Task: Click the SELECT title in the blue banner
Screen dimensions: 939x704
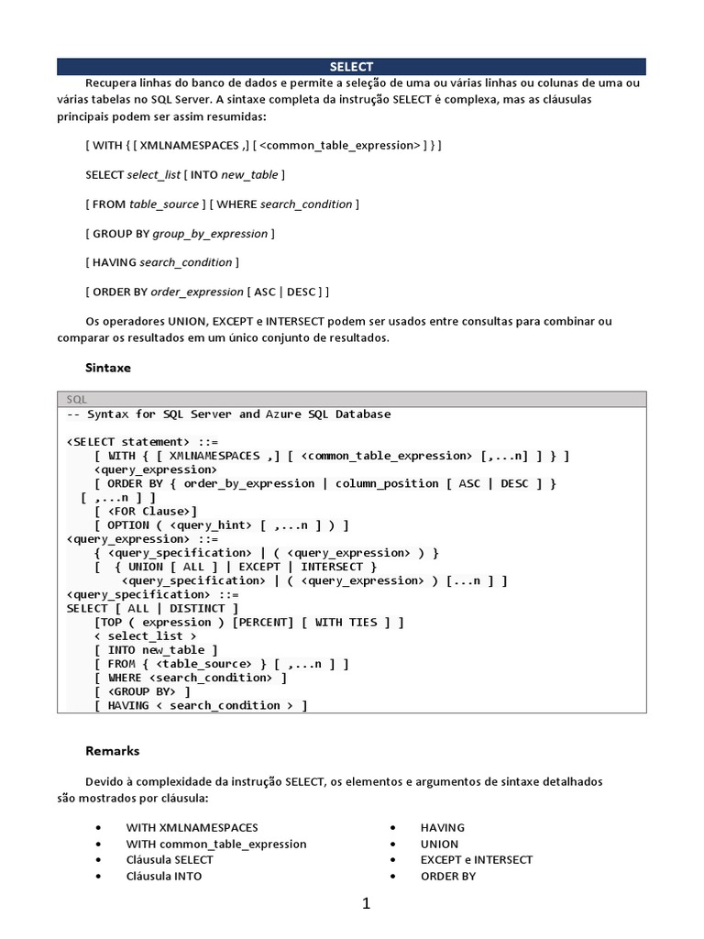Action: click(x=352, y=67)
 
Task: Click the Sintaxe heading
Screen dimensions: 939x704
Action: click(x=108, y=367)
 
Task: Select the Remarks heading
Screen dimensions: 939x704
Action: click(x=113, y=750)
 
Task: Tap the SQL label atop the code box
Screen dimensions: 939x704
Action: click(x=77, y=400)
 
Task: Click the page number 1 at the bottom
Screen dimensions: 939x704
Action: click(x=366, y=904)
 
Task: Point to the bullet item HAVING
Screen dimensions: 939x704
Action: click(x=443, y=827)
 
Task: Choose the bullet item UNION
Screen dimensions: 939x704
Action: click(x=439, y=844)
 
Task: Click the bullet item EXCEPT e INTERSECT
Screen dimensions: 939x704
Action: click(x=477, y=859)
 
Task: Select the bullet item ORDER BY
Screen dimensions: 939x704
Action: click(x=448, y=876)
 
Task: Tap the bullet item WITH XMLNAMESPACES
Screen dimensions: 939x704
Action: click(x=192, y=827)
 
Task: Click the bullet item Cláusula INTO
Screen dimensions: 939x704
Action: click(x=164, y=876)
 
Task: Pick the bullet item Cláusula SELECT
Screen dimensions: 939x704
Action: click(x=170, y=859)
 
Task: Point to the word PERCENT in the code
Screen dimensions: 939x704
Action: click(x=263, y=622)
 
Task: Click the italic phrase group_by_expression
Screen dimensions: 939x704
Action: click(x=210, y=234)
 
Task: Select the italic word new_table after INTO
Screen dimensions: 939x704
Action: click(x=250, y=174)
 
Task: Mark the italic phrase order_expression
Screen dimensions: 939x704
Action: click(x=196, y=292)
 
